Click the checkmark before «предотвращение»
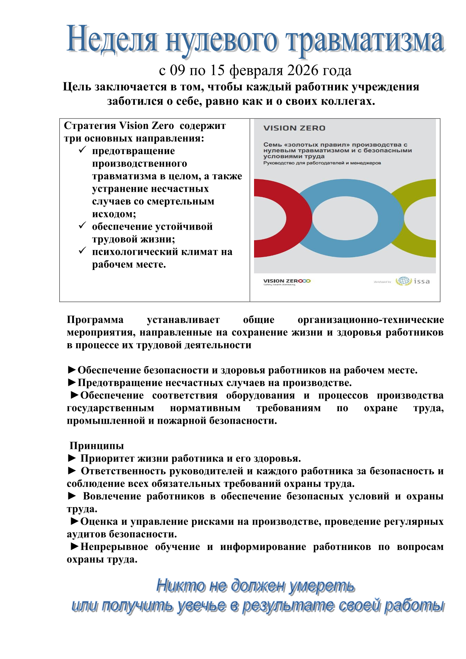click(82, 150)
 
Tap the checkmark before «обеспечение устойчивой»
click(82, 226)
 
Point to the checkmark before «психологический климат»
click(82, 251)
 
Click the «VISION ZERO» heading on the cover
click(294, 128)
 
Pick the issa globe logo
click(403, 281)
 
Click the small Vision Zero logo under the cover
click(287, 281)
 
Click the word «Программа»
click(95, 320)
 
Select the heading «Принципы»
click(97, 446)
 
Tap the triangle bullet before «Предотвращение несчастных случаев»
click(72, 383)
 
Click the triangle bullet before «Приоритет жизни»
click(72, 458)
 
